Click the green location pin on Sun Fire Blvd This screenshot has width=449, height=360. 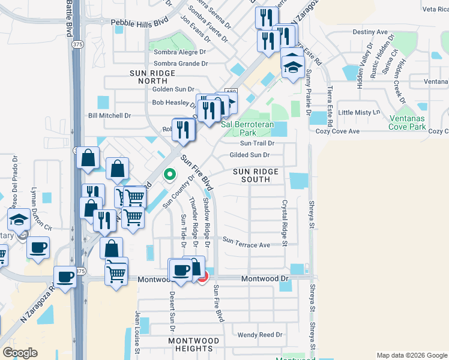tap(170, 175)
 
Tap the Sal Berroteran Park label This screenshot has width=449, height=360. tap(247, 129)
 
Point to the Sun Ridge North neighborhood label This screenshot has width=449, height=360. tap(152, 76)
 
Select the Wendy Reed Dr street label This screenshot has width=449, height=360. tap(260, 335)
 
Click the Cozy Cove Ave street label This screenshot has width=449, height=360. tap(337, 131)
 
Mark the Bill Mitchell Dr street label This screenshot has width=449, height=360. tap(109, 115)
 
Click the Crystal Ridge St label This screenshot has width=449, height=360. tap(285, 223)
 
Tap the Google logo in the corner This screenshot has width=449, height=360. tap(20, 352)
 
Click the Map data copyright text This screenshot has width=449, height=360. tap(411, 355)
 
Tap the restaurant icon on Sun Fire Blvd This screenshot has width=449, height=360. tap(183, 130)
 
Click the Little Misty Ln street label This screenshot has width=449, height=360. tap(360, 112)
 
